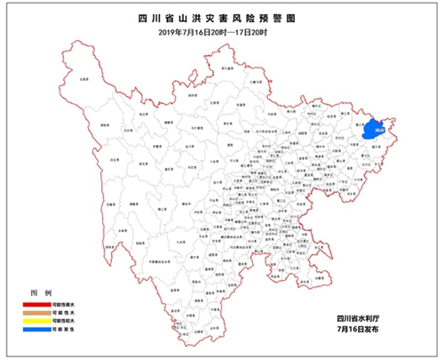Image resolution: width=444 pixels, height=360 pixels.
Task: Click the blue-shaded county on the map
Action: (x=373, y=130)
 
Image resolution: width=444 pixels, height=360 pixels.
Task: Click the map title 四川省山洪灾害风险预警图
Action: (x=221, y=17)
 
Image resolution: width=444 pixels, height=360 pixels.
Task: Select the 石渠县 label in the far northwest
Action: (x=84, y=79)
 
